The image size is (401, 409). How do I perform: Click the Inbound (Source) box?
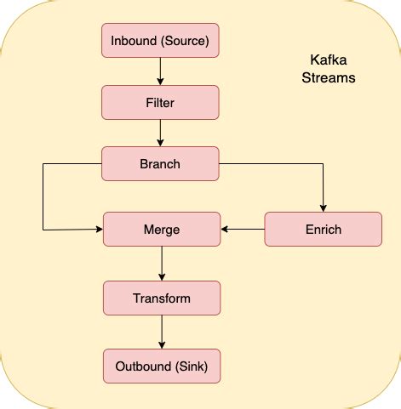point(160,41)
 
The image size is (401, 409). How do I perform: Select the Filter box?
point(160,102)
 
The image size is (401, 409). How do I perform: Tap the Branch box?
point(160,163)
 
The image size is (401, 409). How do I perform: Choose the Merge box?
point(162,230)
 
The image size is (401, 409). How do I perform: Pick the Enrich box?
point(323,230)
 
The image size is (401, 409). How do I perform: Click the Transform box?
point(162,298)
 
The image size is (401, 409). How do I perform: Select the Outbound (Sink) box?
point(162,366)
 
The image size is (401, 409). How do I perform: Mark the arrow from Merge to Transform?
point(162,264)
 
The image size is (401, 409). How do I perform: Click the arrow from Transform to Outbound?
point(162,332)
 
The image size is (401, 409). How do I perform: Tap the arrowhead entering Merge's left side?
point(99,230)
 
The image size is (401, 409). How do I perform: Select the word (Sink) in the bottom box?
point(192,366)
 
